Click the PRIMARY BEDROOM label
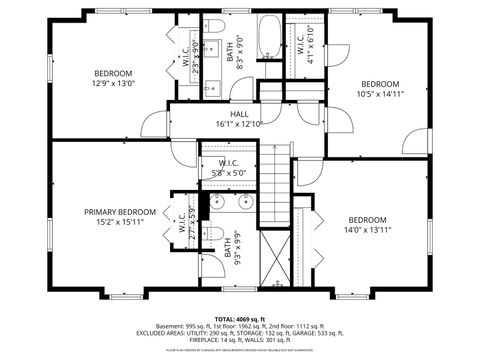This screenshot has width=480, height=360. tap(119, 212)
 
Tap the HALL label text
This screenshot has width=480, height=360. tap(238, 114)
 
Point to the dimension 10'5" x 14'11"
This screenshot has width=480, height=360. tap(380, 94)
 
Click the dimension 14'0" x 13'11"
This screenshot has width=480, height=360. tap(367, 230)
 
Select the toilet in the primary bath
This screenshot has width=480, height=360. tap(213, 235)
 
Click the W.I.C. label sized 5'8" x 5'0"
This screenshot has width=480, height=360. tap(227, 163)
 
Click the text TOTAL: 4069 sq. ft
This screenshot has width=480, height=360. tap(240, 318)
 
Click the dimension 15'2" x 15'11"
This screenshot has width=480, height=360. tap(119, 222)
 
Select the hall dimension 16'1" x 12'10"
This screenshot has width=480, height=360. tap(238, 124)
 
